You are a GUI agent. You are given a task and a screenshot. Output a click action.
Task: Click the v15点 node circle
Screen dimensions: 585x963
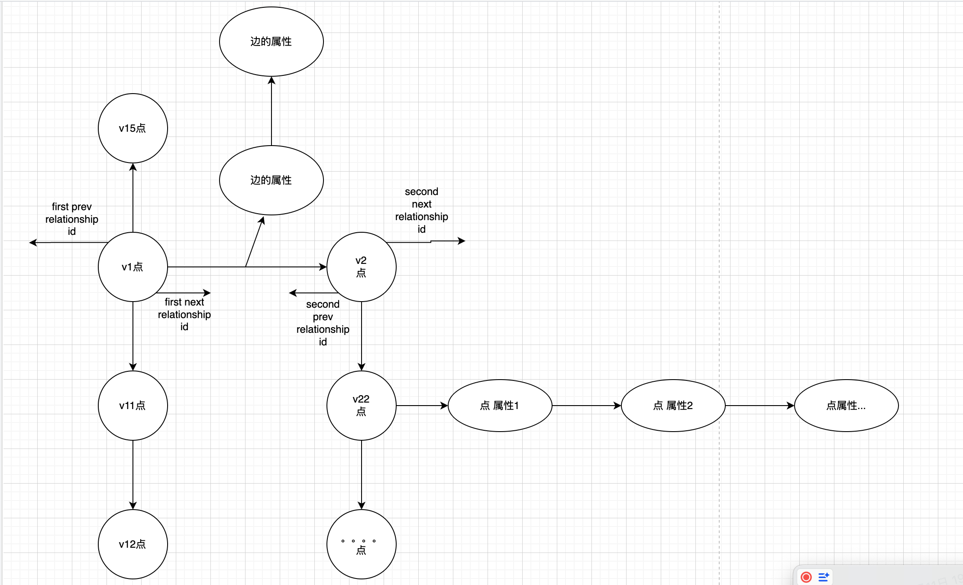(x=133, y=128)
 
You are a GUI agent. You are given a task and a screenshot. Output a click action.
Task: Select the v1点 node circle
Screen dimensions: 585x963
(x=133, y=267)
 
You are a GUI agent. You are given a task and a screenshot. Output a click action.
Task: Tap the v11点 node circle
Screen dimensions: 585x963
(x=133, y=406)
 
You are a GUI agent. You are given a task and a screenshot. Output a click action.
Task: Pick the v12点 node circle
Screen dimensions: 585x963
(x=133, y=544)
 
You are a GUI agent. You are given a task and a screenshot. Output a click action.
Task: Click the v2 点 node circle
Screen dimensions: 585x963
(x=361, y=267)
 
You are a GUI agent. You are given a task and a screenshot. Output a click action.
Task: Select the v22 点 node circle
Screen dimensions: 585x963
(x=361, y=406)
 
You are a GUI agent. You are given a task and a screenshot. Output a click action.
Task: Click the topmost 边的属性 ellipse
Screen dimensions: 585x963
(x=271, y=42)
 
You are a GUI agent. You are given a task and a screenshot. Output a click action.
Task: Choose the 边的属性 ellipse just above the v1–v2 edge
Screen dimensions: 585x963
(x=271, y=180)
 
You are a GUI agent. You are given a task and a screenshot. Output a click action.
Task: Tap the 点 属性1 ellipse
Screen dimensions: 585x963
(x=500, y=406)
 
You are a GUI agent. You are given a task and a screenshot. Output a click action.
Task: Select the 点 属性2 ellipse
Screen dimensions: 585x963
(x=673, y=406)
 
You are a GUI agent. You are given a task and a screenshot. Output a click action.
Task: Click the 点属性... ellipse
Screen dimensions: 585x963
(x=846, y=406)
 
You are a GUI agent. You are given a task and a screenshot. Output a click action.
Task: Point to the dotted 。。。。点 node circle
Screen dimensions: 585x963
(x=361, y=544)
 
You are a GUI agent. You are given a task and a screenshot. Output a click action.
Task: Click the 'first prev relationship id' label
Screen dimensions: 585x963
(x=72, y=219)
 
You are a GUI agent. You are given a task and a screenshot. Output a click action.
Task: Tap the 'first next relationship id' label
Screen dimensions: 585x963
(x=184, y=314)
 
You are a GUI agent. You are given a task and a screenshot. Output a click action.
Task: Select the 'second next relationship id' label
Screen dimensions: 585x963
(x=422, y=210)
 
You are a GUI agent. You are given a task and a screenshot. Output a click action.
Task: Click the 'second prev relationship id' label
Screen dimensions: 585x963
(x=323, y=323)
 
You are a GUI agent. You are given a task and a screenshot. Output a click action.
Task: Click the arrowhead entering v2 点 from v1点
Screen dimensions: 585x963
(x=323, y=267)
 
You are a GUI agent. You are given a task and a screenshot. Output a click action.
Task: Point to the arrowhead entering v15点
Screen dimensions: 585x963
(x=133, y=167)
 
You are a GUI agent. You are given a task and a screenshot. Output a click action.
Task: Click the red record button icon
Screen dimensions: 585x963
(x=806, y=577)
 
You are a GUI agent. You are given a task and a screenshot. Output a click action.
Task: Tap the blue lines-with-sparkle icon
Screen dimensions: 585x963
(x=824, y=577)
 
